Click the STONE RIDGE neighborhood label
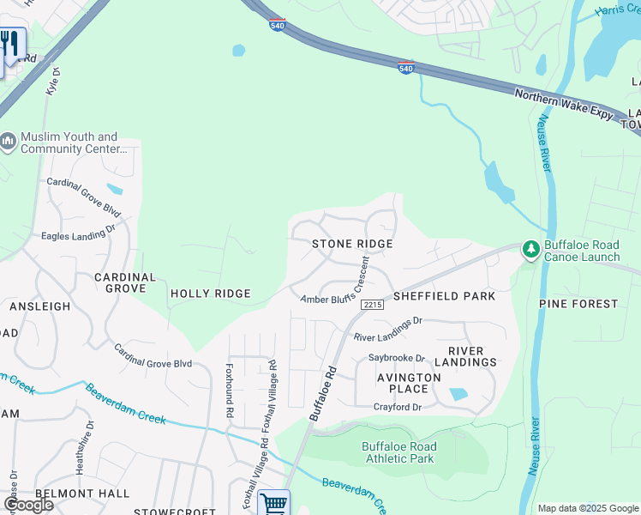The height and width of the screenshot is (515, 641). point(352,245)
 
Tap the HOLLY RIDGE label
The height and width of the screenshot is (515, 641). point(210,294)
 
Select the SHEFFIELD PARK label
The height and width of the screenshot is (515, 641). point(444,296)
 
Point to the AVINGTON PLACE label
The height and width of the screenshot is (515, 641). point(409,383)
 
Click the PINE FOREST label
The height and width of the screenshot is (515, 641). point(578,304)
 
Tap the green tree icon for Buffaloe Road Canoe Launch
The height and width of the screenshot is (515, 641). point(531,249)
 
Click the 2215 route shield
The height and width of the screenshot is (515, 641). point(372,305)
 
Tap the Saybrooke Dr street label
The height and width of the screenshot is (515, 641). point(397,358)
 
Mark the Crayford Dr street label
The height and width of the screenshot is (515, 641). point(398,407)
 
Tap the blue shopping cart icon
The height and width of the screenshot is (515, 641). point(273,503)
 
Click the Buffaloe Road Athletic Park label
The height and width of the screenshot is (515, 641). point(398,452)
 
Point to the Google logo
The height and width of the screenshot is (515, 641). point(29,504)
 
